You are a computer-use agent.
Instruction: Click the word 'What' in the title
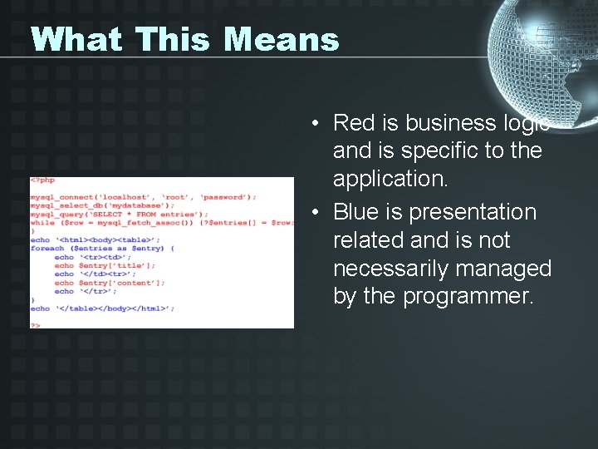coord(75,39)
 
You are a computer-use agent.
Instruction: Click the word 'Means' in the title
coord(282,39)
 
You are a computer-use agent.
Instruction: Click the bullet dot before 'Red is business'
coord(316,124)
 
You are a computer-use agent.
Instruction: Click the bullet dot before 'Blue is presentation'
coord(316,213)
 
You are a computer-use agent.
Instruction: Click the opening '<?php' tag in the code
coord(42,180)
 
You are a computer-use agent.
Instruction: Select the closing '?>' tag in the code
coord(35,325)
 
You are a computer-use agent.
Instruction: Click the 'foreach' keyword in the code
coord(47,249)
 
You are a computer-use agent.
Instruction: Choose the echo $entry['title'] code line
coord(105,265)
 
